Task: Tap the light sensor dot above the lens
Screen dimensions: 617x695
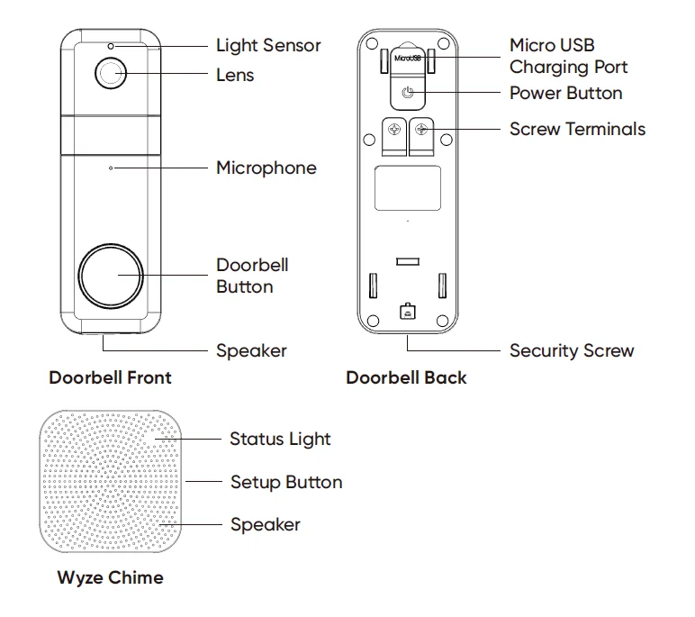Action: [111, 45]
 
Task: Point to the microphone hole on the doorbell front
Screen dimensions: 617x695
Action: [111, 168]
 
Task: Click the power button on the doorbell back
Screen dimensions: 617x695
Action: [408, 93]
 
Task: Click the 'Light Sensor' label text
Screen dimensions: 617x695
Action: [267, 45]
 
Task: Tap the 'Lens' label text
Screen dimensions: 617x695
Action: [235, 75]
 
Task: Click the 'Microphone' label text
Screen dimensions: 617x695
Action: [266, 168]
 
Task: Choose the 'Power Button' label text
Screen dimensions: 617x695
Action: [565, 93]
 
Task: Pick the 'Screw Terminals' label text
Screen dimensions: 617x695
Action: [577, 129]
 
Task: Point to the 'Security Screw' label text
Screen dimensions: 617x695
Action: [572, 350]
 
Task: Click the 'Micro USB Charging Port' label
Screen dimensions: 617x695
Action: [568, 56]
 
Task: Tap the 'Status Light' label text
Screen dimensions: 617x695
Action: [280, 440]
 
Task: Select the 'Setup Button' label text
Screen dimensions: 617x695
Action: [286, 482]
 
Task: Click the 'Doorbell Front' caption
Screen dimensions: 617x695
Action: [110, 377]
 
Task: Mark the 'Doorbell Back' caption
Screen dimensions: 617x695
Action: [406, 377]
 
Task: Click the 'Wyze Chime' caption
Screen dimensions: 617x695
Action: [111, 577]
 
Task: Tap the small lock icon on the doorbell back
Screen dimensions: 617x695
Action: [407, 313]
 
